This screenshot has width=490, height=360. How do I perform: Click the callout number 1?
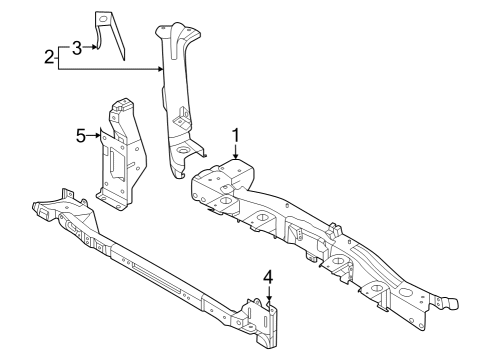236,136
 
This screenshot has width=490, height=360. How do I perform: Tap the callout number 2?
49,57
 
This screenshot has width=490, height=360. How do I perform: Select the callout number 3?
77,48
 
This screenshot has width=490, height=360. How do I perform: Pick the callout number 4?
268,278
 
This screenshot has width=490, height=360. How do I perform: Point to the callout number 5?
81,136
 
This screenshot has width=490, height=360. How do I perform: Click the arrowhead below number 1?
236,155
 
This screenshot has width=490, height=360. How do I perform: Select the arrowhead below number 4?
269,300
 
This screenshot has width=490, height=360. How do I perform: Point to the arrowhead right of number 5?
97,135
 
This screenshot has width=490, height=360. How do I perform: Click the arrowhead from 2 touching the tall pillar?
160,69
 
